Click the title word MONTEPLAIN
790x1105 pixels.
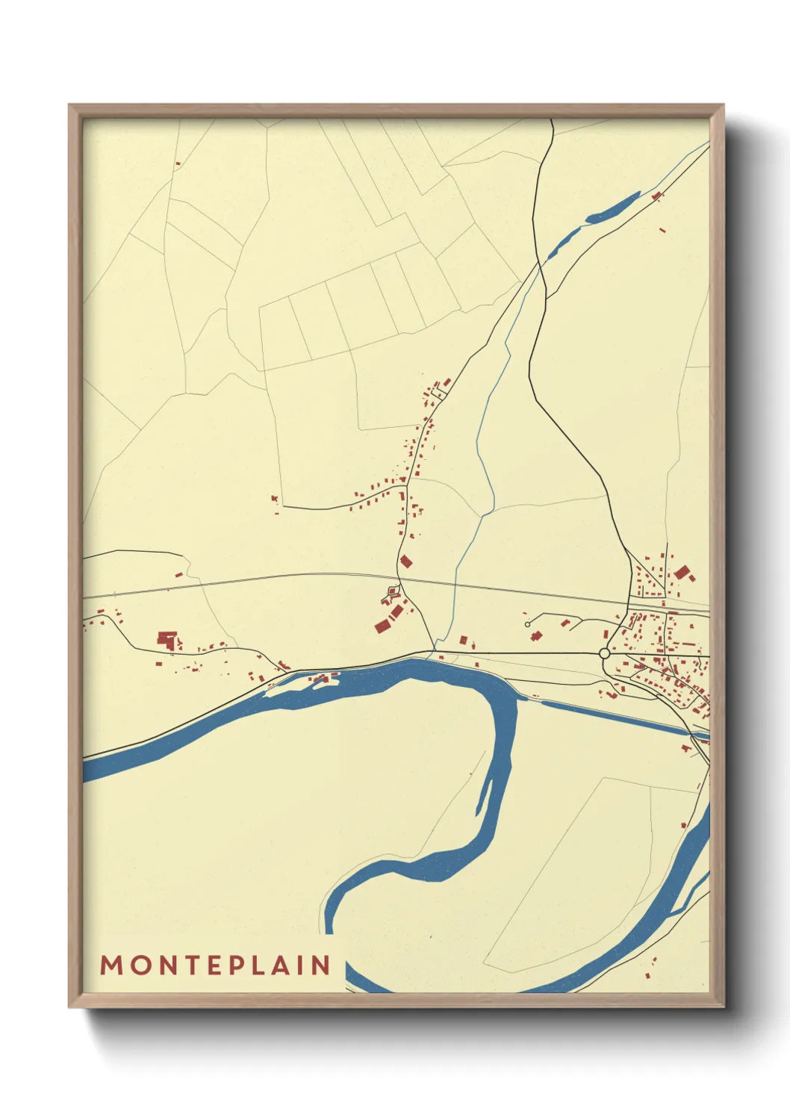click(216, 965)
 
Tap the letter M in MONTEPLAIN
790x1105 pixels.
click(112, 965)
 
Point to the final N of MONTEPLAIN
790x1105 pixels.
click(322, 965)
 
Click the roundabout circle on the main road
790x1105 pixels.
click(604, 653)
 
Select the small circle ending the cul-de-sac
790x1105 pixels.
click(527, 623)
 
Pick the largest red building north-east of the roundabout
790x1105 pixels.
click(682, 573)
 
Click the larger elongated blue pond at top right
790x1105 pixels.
click(614, 208)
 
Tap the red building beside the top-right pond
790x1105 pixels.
click(657, 196)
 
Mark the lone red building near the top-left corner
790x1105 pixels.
click(178, 163)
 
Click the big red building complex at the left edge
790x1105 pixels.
click(167, 639)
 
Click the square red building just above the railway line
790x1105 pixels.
click(406, 561)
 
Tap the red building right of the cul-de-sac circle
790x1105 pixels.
click(535, 636)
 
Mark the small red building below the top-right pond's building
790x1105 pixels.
click(662, 231)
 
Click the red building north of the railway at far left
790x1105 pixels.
click(178, 574)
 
